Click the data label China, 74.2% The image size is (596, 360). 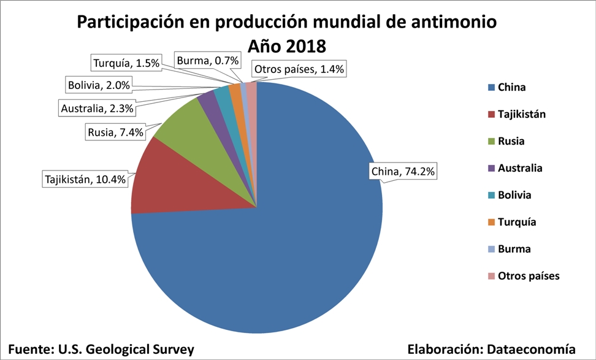(403, 172)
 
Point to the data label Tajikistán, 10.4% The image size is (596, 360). (86, 180)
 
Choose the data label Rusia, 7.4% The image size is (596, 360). (115, 131)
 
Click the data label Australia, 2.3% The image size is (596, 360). (97, 109)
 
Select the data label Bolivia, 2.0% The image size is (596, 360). (98, 85)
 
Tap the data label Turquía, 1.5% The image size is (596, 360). (126, 63)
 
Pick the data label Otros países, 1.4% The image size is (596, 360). (299, 69)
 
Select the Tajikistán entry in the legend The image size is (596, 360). (521, 114)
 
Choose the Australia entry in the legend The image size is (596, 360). (520, 168)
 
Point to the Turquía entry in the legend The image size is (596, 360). (517, 222)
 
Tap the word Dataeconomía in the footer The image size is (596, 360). (531, 348)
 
